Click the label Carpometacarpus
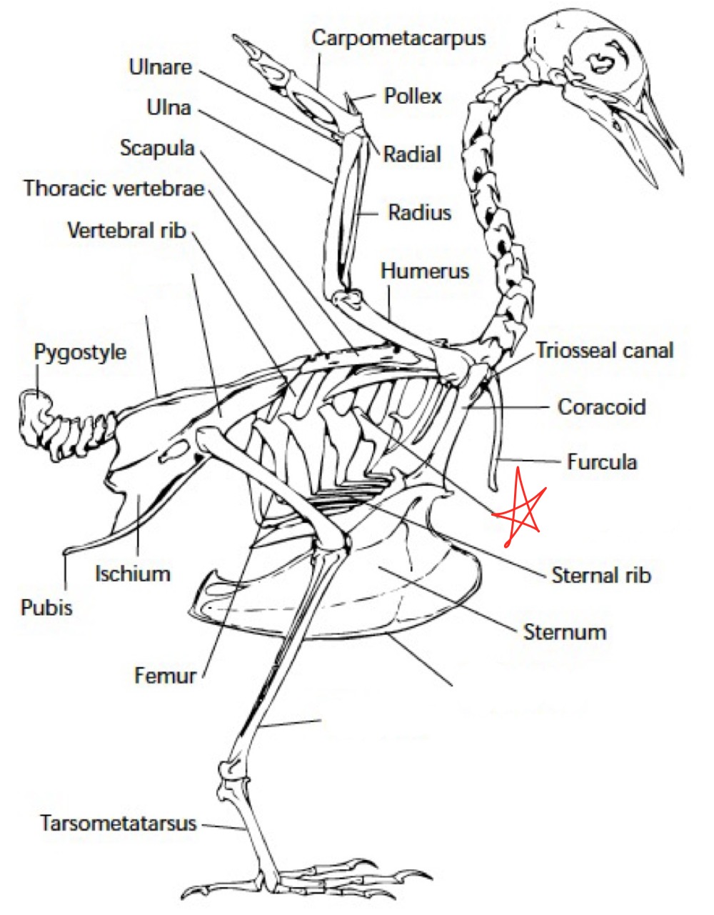tap(398, 38)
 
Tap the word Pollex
tap(413, 96)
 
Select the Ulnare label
tap(161, 67)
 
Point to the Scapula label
tap(157, 148)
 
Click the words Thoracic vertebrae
tap(114, 189)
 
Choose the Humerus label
tap(425, 271)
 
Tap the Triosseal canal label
tap(604, 350)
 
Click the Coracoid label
tap(601, 406)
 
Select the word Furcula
tap(601, 461)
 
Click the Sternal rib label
tap(601, 574)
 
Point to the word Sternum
tap(565, 631)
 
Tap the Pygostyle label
tap(80, 352)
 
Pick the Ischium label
tap(133, 573)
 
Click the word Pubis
tap(46, 608)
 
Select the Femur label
tap(165, 674)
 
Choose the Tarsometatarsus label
tap(118, 823)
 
